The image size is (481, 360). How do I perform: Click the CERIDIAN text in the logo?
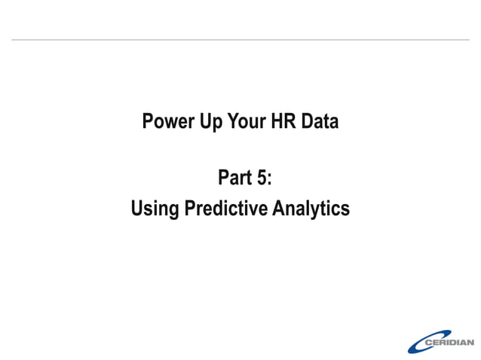point(449,342)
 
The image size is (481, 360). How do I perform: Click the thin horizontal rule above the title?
point(240,39)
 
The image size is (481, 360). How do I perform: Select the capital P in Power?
point(148,122)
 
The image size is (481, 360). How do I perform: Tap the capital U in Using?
point(137,209)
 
